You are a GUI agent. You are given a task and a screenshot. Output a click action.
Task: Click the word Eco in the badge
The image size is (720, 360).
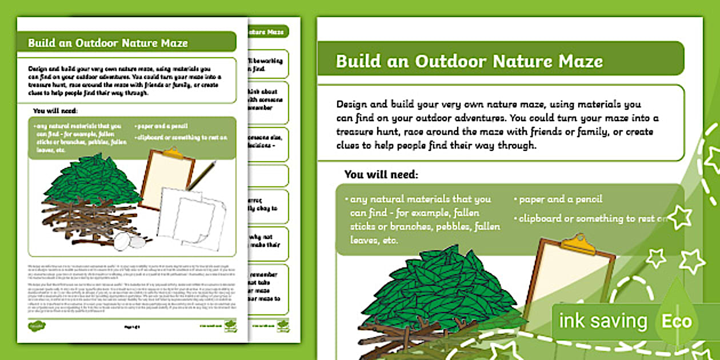pos(677,321)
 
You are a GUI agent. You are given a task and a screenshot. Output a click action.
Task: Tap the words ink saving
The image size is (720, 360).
pos(603,321)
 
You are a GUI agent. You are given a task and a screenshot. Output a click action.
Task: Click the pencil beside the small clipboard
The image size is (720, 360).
pos(201,175)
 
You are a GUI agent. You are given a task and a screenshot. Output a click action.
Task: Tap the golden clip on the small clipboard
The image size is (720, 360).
pos(171,153)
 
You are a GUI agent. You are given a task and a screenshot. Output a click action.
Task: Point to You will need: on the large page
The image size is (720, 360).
pos(381,174)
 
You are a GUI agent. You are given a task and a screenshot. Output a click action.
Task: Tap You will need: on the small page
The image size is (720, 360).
pos(55,111)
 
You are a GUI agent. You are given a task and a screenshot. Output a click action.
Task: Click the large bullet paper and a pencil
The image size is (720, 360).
pos(561,199)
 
